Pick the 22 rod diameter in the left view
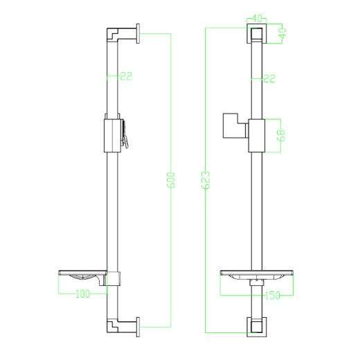pyautogui.click(x=125, y=77)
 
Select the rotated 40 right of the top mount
pyautogui.click(x=283, y=33)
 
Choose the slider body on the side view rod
pyautogui.click(x=111, y=135)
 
